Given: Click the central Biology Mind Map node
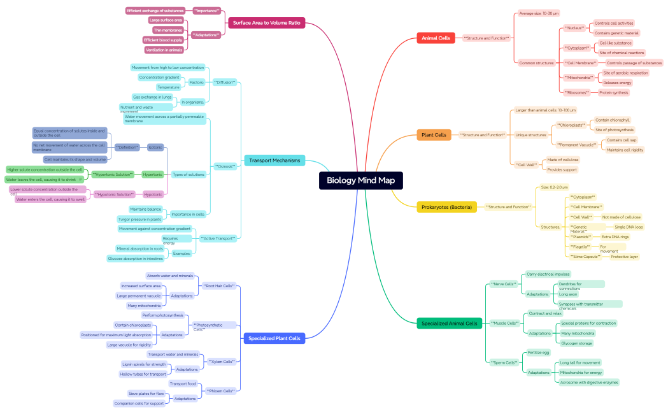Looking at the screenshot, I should tap(361, 180).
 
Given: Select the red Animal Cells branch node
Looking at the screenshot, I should tap(436, 38).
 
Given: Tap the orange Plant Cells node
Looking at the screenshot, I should tap(434, 135).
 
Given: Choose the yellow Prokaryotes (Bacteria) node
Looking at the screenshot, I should tap(446, 207).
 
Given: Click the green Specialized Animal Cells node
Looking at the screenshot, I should tap(449, 324).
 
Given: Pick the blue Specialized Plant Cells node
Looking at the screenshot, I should tap(274, 338).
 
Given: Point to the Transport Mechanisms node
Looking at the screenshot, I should tap(274, 161).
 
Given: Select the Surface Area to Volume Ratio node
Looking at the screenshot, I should tap(267, 23).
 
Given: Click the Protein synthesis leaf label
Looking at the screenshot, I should tap(613, 92).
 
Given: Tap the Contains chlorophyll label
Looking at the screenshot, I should tap(612, 120).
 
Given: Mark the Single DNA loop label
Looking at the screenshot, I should tap(629, 227).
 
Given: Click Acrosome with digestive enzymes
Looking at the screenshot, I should tap(588, 382).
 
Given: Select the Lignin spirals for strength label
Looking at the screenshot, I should tap(143, 364).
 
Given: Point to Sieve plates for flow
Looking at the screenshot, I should tap(146, 394).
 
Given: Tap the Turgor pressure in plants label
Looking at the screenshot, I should tap(141, 219).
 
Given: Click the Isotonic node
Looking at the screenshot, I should tap(155, 147).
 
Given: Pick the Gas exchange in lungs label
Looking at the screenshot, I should tap(152, 97).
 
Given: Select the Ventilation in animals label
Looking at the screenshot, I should tap(164, 50).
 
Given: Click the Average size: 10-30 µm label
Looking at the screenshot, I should tap(539, 13).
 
